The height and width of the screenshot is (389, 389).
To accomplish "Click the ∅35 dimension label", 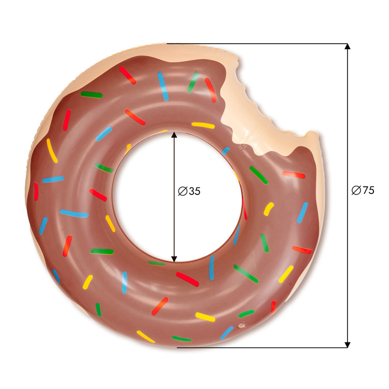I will [x=189, y=191].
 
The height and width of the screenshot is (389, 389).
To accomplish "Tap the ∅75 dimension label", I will [x=363, y=190].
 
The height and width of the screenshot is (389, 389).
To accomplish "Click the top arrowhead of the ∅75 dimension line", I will [x=348, y=47].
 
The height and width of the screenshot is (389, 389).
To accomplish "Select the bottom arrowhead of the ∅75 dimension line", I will [x=348, y=344].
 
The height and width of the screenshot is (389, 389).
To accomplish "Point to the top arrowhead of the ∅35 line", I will [x=174, y=135].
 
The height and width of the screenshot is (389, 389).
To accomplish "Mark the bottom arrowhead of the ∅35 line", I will [x=174, y=258].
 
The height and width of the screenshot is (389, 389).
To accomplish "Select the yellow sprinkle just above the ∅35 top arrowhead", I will [x=203, y=125].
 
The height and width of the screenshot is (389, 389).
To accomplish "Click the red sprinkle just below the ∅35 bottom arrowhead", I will [x=187, y=279].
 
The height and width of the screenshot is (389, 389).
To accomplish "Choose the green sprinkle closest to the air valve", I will [x=246, y=313].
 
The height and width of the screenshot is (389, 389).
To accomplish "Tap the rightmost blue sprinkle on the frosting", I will [x=302, y=212].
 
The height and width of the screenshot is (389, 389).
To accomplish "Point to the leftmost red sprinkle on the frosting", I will [x=36, y=191].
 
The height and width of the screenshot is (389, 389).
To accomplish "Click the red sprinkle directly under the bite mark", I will [x=294, y=174].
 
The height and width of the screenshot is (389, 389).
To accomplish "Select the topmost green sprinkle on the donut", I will [x=193, y=81].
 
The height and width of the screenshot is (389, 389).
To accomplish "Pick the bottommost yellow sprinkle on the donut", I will [x=146, y=337].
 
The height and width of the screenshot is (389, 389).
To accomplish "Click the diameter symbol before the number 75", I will [x=356, y=190].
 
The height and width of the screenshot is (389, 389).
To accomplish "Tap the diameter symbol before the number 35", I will [x=182, y=191].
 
